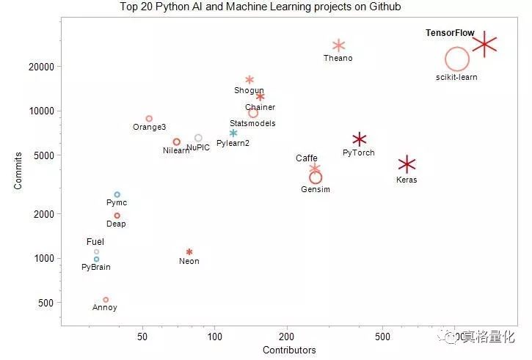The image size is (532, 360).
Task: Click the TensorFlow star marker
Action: [485, 45]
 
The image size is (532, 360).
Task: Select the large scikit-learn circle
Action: [456, 60]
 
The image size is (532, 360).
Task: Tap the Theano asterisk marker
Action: [338, 45]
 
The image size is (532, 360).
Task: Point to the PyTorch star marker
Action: [359, 139]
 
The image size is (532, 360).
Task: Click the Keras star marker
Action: [407, 164]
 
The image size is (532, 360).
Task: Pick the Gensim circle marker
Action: [316, 177]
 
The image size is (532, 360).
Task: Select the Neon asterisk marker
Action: [189, 251]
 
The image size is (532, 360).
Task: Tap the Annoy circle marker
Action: [106, 299]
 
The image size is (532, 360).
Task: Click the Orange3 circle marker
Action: [149, 118]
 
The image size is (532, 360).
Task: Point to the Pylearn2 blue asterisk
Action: [233, 133]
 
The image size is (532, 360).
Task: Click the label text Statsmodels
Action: [252, 123]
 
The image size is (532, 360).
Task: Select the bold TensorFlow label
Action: [450, 33]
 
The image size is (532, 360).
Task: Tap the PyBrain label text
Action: [96, 267]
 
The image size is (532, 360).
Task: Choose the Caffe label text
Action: [307, 158]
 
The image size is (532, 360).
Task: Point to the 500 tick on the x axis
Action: [382, 337]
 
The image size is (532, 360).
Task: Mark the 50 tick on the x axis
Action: [142, 337]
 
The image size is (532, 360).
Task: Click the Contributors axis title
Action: [289, 350]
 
